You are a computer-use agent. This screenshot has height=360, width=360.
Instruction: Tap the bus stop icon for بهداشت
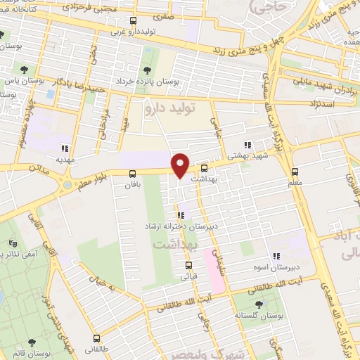tap(204, 169)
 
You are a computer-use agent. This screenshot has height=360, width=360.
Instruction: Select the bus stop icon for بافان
tap(132, 174)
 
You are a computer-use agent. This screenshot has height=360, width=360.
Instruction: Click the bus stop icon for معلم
tap(295, 171)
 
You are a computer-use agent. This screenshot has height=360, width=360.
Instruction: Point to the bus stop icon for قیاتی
tap(188, 265)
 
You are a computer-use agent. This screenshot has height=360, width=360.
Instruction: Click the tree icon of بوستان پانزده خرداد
tap(147, 70)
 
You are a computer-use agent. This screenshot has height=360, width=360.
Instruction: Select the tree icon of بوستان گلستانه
tap(258, 304)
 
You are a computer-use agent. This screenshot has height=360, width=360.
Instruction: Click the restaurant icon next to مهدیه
tap(65, 148)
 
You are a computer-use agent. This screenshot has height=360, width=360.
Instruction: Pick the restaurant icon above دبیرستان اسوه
tap(276, 256)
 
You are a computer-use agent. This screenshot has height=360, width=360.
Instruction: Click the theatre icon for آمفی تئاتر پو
tap(11, 242)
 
